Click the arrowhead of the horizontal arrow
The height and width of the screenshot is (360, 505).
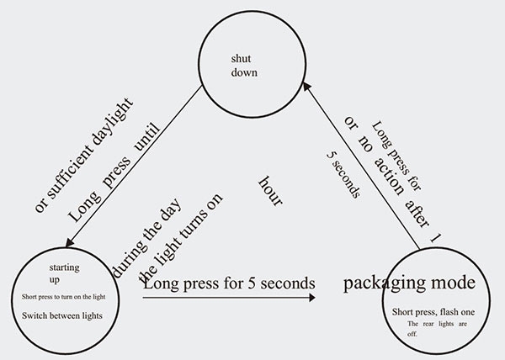point(313,296)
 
